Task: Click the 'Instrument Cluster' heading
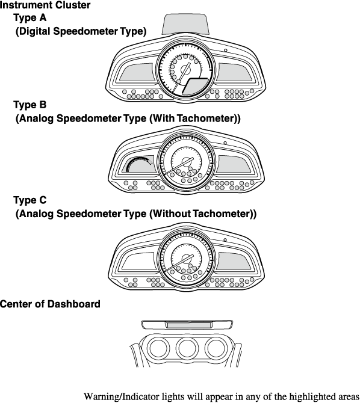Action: tap(45, 5)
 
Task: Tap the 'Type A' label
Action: tap(30, 17)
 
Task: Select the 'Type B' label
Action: tap(30, 105)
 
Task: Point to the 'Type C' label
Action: tap(30, 200)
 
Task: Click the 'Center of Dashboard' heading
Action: tap(50, 304)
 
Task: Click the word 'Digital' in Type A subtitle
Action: tap(34, 31)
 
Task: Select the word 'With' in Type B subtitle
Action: tap(162, 118)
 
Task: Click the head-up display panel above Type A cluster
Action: tap(185, 24)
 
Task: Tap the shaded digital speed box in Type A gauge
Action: tap(196, 87)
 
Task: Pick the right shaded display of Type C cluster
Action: tap(234, 260)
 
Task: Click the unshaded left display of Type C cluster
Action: tap(139, 260)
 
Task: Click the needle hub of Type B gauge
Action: tap(186, 162)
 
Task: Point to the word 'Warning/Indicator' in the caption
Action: tap(120, 396)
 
